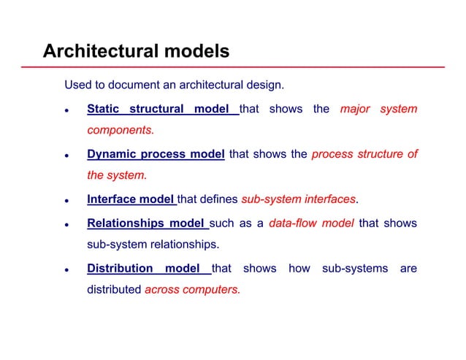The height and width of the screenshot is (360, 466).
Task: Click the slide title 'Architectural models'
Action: pyautogui.click(x=136, y=51)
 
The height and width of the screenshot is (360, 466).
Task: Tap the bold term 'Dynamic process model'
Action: pyautogui.click(x=155, y=154)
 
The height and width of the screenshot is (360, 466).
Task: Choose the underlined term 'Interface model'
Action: pyautogui.click(x=131, y=199)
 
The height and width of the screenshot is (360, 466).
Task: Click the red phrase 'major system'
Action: pyautogui.click(x=378, y=110)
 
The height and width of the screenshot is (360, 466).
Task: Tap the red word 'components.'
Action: pyautogui.click(x=121, y=131)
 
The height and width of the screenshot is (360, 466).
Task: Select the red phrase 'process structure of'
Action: pyautogui.click(x=364, y=154)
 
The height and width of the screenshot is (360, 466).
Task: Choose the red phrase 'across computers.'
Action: pyautogui.click(x=192, y=289)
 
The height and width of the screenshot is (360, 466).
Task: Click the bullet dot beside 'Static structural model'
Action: pyautogui.click(x=66, y=111)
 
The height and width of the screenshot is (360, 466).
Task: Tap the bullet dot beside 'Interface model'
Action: pyautogui.click(x=66, y=200)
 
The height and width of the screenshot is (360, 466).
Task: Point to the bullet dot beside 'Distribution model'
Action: pyautogui.click(x=66, y=269)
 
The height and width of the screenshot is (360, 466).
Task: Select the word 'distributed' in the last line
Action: pyautogui.click(x=114, y=289)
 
